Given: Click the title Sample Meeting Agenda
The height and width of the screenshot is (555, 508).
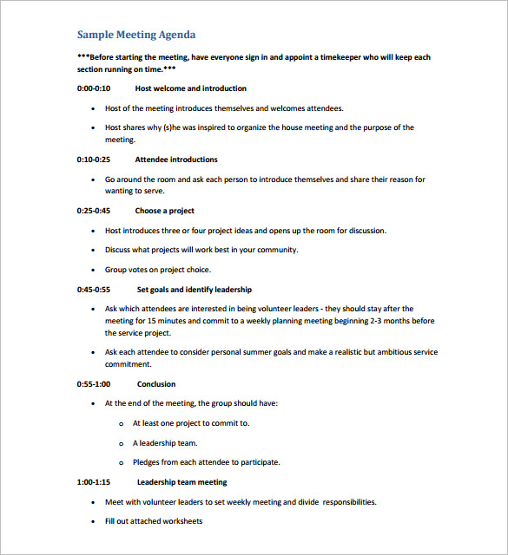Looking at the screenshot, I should click(136, 35).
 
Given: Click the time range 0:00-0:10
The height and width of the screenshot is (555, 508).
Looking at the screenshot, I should click(94, 88).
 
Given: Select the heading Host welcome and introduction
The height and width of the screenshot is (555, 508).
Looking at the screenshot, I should click(190, 88).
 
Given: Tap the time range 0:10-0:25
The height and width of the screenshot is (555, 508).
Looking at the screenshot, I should click(94, 160).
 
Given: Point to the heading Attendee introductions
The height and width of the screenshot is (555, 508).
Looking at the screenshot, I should click(176, 160).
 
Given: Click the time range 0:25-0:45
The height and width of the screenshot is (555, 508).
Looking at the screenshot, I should click(94, 211).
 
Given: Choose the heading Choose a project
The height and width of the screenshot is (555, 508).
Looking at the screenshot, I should click(164, 211).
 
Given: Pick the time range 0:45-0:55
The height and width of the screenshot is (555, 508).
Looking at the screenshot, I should click(94, 290).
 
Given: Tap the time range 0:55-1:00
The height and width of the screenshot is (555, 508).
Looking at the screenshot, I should click(94, 384).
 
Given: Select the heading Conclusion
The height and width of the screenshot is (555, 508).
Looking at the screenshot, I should click(156, 384).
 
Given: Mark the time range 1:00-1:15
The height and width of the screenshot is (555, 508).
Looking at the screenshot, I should click(94, 482).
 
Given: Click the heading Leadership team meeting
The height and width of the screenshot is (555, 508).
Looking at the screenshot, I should click(181, 482).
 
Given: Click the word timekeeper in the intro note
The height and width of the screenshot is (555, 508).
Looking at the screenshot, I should click(345, 57).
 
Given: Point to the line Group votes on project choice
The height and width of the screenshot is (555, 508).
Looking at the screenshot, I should click(158, 270).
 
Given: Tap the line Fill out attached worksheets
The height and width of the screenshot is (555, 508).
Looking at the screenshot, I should click(154, 521).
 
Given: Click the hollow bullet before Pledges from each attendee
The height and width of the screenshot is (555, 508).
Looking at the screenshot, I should click(120, 462).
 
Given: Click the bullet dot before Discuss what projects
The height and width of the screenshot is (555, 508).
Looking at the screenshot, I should click(93, 250).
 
